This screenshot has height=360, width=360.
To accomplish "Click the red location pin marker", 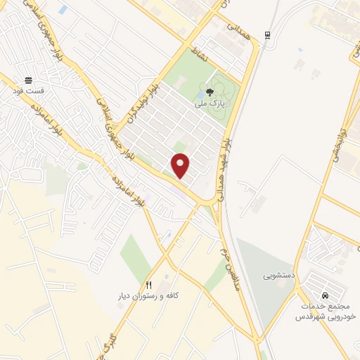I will point(181,165).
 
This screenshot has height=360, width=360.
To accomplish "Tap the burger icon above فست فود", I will point(28,81).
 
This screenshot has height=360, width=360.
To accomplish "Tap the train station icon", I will point(266,35).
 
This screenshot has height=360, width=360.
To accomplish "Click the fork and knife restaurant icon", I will point(148,285).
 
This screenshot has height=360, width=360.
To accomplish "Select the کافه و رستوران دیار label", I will point(148,296).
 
